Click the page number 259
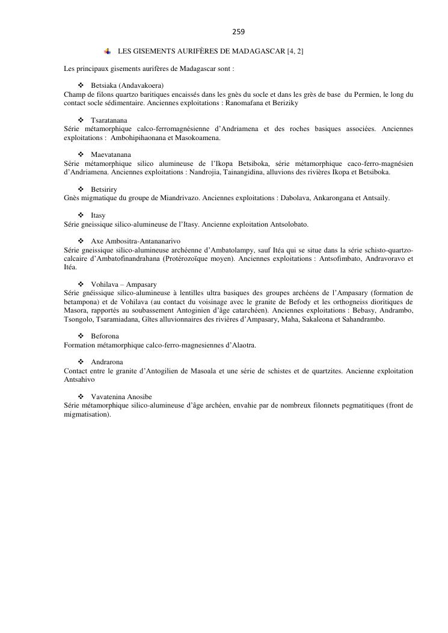point(238,31)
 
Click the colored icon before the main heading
point(108,52)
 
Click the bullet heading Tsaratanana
point(109,120)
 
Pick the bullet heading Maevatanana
point(111,154)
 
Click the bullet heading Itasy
point(98,215)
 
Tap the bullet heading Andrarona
point(107,362)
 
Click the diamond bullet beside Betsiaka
point(81,86)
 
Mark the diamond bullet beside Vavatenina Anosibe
point(81,397)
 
